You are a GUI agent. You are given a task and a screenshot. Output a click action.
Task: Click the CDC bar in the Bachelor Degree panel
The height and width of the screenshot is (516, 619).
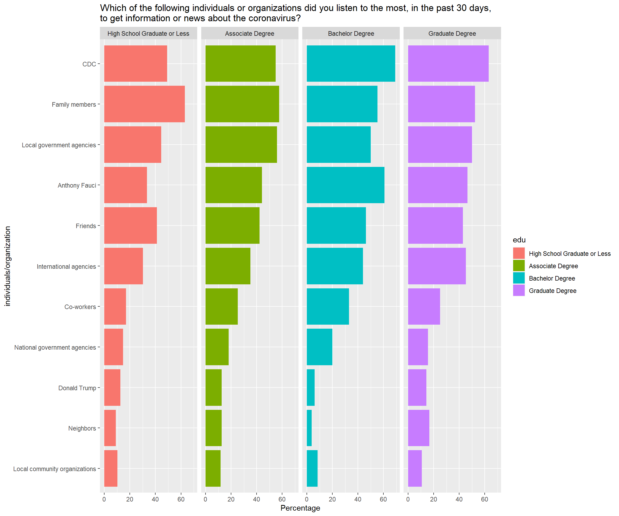(351, 63)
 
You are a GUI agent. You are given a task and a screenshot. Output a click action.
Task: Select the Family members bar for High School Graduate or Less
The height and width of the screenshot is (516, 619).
(145, 104)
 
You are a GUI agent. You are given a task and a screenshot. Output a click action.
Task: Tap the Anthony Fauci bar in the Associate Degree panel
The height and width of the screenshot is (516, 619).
(233, 185)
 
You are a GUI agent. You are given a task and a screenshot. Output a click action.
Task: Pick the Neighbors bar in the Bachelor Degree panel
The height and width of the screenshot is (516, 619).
(309, 428)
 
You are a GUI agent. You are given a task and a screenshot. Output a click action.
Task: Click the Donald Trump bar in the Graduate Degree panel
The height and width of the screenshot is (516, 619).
(417, 388)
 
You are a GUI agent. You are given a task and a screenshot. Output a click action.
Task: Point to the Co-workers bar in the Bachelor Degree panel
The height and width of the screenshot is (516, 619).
(328, 306)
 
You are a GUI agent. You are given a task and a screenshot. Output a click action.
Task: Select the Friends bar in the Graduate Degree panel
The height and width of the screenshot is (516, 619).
(435, 225)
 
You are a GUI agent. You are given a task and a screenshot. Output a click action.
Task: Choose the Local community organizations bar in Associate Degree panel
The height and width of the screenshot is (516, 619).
(213, 468)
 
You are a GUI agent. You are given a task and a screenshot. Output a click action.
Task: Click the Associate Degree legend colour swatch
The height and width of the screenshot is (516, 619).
(519, 266)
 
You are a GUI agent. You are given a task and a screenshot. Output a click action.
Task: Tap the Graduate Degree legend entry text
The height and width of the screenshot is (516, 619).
(552, 291)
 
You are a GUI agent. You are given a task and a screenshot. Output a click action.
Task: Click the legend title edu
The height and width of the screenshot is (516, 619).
(519, 240)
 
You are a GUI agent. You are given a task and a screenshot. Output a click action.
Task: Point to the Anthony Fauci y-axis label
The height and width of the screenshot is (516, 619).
(77, 185)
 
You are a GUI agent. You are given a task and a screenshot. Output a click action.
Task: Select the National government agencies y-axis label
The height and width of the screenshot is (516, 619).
(55, 347)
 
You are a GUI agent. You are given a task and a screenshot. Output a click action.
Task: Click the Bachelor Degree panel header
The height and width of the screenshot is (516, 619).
(351, 33)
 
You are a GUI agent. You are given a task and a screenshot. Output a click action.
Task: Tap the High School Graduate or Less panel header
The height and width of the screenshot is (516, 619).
(148, 33)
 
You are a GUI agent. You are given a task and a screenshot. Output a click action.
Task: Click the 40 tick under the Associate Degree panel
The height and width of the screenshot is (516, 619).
(257, 499)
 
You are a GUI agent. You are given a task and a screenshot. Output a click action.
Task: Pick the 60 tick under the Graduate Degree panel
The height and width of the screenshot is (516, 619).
(485, 499)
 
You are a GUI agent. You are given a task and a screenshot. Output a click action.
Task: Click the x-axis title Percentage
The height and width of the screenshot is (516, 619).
(300, 508)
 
